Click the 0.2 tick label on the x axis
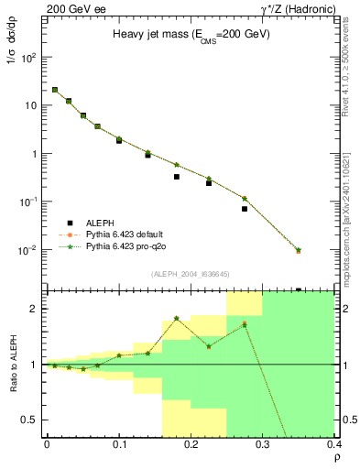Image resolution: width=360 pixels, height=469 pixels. pos(191,443)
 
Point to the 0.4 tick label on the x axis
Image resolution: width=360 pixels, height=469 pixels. pos(333,443)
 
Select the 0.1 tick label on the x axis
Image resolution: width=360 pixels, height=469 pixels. pos(119,443)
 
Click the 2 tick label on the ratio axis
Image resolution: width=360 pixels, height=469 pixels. pos(35,310)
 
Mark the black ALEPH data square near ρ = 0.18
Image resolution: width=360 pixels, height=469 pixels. pos(177,177)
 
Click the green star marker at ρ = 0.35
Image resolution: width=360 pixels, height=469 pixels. pos(299,250)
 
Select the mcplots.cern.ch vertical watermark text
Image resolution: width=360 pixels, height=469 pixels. pos(349,183)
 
